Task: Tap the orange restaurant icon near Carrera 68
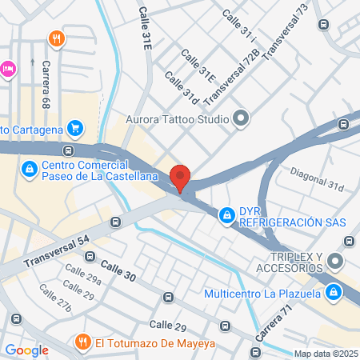tap(55, 38)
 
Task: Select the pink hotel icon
tap(7, 69)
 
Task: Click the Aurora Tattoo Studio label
tap(177, 121)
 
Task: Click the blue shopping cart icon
tap(75, 127)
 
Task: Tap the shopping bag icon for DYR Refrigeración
tap(227, 214)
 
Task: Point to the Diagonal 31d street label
tap(316, 186)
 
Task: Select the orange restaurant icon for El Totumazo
tap(81, 342)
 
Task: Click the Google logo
tap(26, 350)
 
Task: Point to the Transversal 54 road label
tap(56, 251)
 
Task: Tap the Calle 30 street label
tap(118, 272)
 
